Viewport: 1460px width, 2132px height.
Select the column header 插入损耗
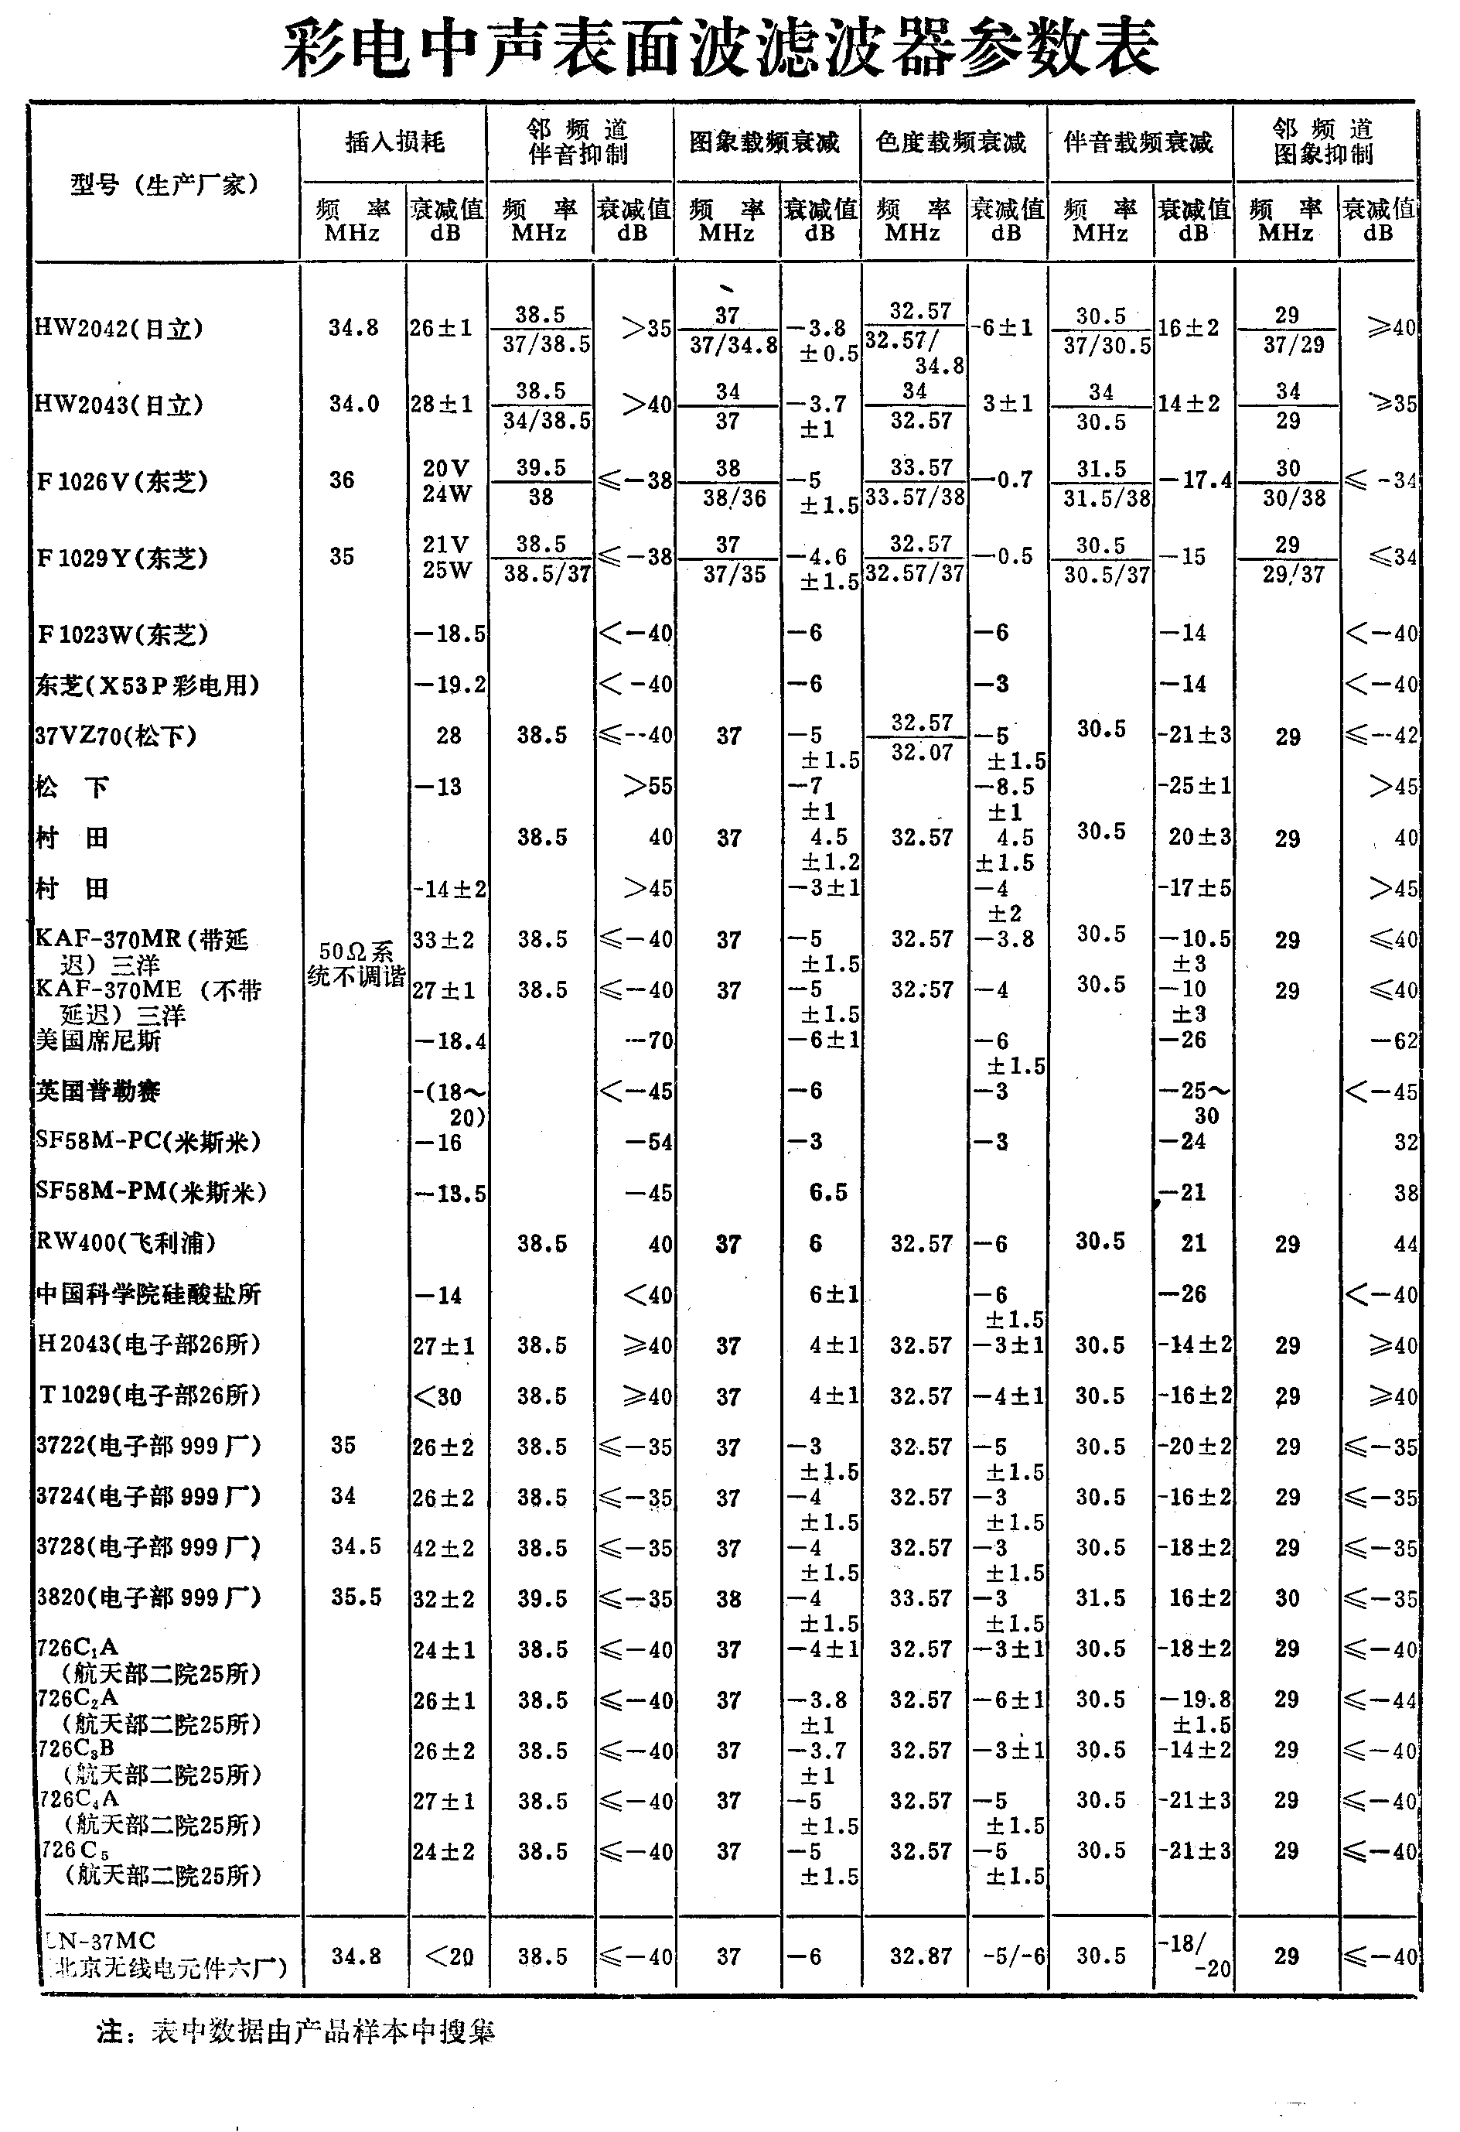394,142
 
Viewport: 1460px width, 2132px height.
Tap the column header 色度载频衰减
951,142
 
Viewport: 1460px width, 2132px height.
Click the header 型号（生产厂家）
165,184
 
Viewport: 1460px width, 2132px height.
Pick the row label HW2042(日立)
118,329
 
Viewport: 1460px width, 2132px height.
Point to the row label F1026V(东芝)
122,480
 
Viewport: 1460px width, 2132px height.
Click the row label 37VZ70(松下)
115,736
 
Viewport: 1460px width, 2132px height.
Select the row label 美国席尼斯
98,1040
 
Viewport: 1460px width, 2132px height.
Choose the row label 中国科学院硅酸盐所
148,1294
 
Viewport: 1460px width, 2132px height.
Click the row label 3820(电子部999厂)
148,1598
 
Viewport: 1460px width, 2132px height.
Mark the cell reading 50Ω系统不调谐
356,964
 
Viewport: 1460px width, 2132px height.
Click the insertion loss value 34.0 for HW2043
354,404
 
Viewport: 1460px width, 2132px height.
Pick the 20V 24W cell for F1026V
447,480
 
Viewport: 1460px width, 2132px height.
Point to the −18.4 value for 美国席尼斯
449,1040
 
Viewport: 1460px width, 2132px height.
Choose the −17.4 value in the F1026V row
1195,480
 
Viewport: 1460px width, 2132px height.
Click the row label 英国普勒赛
98,1091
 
